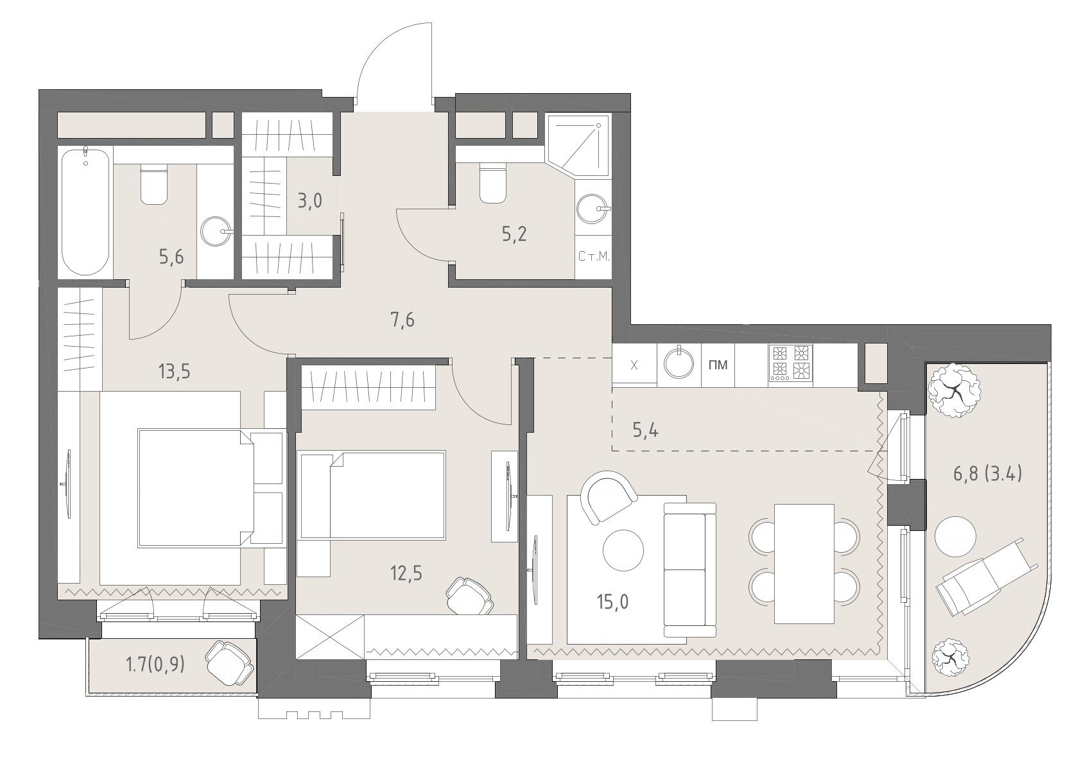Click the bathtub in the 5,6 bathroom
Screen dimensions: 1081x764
tap(86, 211)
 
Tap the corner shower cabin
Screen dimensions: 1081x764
tap(578, 145)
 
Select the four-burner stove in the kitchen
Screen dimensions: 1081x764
tap(791, 364)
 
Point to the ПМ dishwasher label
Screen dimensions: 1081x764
tap(718, 365)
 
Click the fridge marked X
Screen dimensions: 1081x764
tap(634, 365)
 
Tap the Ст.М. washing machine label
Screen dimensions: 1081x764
tap(594, 256)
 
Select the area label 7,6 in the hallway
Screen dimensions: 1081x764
tap(402, 320)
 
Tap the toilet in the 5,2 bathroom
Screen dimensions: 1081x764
tap(493, 183)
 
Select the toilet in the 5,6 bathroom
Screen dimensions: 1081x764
tap(154, 184)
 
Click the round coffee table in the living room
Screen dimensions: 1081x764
tap(623, 550)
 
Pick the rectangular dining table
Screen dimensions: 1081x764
tap(804, 564)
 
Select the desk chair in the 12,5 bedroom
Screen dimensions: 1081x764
tap(469, 596)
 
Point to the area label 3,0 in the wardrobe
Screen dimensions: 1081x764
tap(309, 200)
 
